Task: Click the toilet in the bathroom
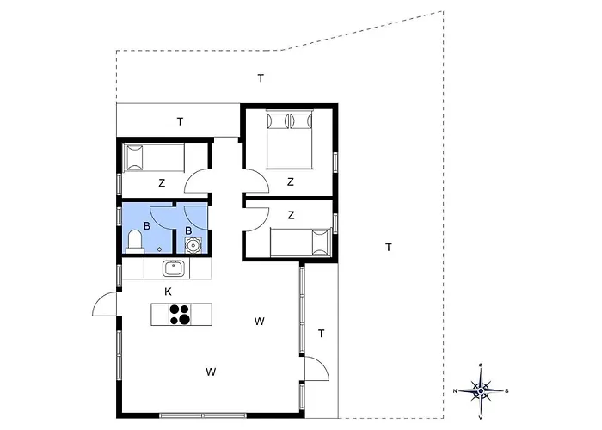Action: [x=135, y=242]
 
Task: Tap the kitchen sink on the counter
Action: [x=174, y=268]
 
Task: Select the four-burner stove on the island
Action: [x=180, y=315]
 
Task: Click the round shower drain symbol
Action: [x=193, y=244]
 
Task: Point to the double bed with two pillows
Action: [x=290, y=139]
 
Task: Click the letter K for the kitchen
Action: [x=168, y=292]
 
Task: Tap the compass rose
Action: [x=481, y=390]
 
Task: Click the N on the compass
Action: [x=455, y=391]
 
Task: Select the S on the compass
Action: [x=507, y=391]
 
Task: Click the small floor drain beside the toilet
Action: [x=159, y=249]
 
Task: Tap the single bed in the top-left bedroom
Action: [x=154, y=157]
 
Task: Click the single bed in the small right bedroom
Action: [x=301, y=243]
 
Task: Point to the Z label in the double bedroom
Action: [x=291, y=181]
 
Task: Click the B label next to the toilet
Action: [x=147, y=226]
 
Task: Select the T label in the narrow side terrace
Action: [x=322, y=334]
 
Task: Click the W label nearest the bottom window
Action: [x=211, y=372]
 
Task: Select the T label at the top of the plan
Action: [x=261, y=78]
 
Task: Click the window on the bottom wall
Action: [x=202, y=415]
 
